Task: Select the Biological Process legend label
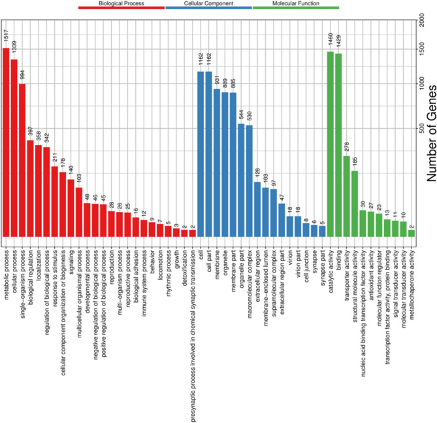[121, 4]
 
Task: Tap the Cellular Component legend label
[208, 4]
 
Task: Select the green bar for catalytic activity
[331, 144]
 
